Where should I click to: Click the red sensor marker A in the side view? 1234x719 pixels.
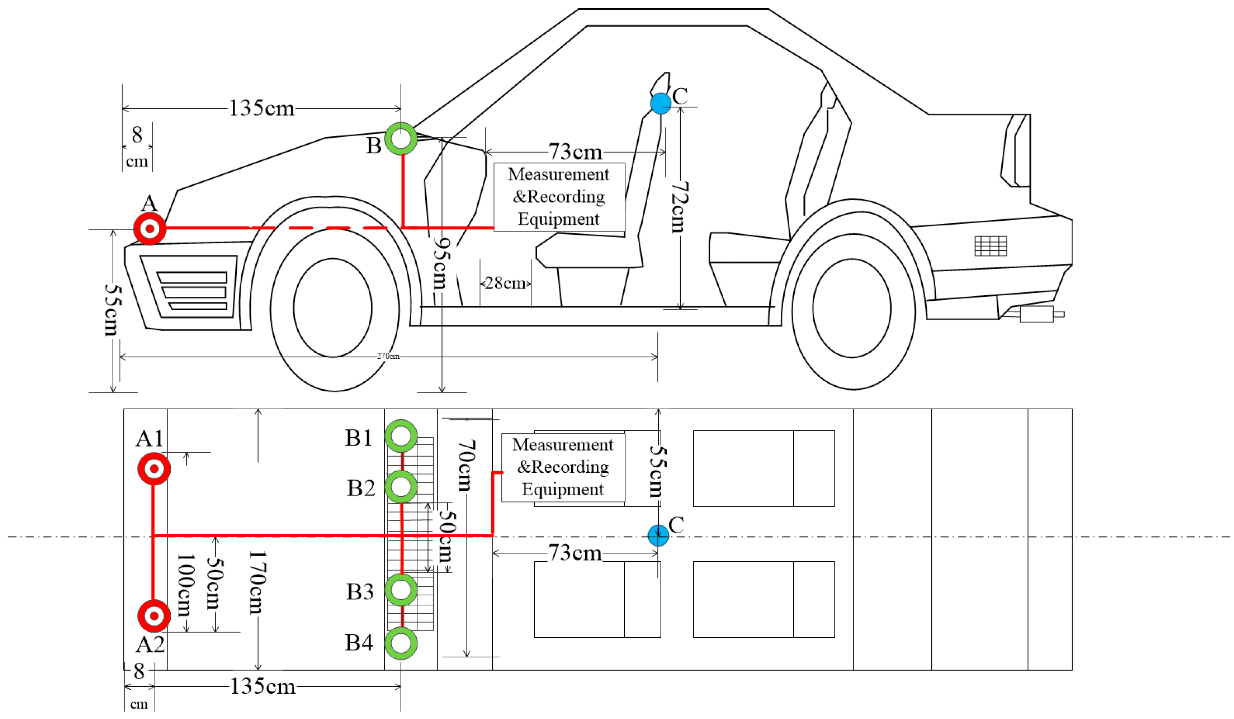coord(150,229)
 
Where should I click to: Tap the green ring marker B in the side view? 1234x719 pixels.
coord(401,138)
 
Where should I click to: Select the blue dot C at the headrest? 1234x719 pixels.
coord(661,103)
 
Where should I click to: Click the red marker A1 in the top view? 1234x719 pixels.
coord(154,469)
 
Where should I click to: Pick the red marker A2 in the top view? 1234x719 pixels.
coord(154,616)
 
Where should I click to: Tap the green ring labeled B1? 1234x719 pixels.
coord(401,435)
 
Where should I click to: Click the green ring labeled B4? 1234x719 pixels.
coord(401,643)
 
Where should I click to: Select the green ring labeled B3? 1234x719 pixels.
coord(401,590)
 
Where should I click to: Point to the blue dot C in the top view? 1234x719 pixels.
coord(658,535)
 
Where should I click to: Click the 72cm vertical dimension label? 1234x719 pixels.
coord(679,207)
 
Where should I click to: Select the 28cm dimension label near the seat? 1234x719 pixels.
coord(505,283)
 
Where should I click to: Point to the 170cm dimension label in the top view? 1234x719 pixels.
coord(257,582)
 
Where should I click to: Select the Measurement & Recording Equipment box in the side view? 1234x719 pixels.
coord(559,197)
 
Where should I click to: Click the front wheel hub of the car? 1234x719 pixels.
coord(333,308)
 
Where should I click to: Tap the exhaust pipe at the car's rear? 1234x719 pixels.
coord(1041,314)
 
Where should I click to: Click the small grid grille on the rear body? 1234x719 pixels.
coord(990,246)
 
